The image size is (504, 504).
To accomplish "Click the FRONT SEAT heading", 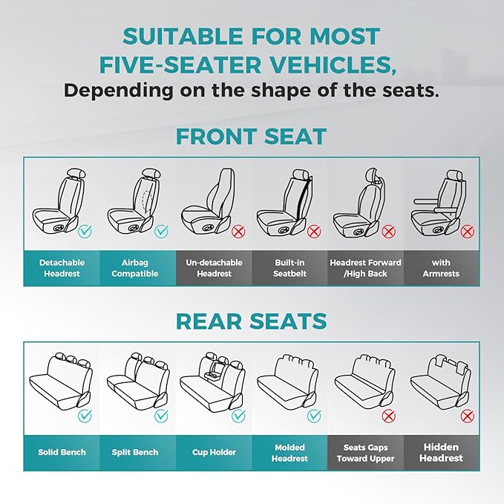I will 251,137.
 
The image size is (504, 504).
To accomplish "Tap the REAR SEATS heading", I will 251,321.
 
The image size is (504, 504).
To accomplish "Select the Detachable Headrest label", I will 62,268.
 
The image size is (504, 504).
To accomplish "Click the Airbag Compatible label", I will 140,268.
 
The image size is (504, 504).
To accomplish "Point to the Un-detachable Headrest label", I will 215,268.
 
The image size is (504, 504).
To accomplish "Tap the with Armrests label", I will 442,268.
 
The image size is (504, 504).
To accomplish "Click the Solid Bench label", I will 62,452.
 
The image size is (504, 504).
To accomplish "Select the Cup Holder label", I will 215,452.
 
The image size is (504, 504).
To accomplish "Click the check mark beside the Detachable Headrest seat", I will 85,232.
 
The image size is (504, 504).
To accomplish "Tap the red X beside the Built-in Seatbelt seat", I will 314,232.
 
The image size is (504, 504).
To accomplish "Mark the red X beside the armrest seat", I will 468,232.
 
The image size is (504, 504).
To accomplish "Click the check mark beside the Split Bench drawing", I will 161,416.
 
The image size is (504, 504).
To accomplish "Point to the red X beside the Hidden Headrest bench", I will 468,416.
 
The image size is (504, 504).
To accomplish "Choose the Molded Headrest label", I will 289,452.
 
